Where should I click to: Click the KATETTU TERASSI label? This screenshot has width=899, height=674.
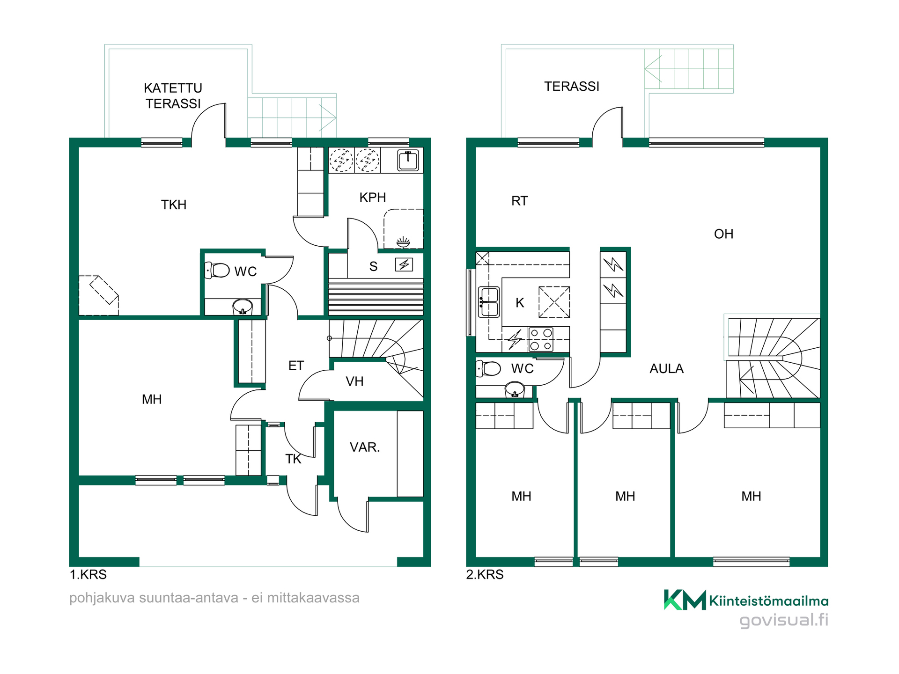[173, 95]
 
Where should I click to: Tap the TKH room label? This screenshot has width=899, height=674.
[174, 205]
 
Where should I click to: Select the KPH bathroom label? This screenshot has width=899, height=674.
[373, 198]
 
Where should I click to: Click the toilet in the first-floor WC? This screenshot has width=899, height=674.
[217, 270]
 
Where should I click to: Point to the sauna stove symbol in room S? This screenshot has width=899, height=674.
[404, 264]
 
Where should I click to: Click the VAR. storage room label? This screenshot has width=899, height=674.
[365, 447]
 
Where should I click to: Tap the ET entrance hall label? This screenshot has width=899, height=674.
[296, 366]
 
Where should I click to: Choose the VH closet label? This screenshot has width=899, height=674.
[354, 381]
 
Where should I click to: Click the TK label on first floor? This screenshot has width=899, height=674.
[294, 459]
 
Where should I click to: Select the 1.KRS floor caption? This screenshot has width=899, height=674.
[88, 574]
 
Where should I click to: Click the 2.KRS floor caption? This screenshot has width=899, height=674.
[485, 574]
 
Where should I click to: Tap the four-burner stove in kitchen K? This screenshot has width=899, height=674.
[541, 339]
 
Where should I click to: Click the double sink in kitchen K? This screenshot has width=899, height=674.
[488, 302]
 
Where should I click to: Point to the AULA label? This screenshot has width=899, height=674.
[666, 369]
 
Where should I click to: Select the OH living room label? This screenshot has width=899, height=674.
[723, 234]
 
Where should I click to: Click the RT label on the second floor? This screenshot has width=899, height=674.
[519, 201]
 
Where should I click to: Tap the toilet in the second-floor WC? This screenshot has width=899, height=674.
[488, 368]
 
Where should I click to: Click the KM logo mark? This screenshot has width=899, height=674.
[685, 600]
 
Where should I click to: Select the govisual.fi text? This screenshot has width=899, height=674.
[784, 620]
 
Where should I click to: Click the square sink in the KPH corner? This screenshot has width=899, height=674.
[408, 161]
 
